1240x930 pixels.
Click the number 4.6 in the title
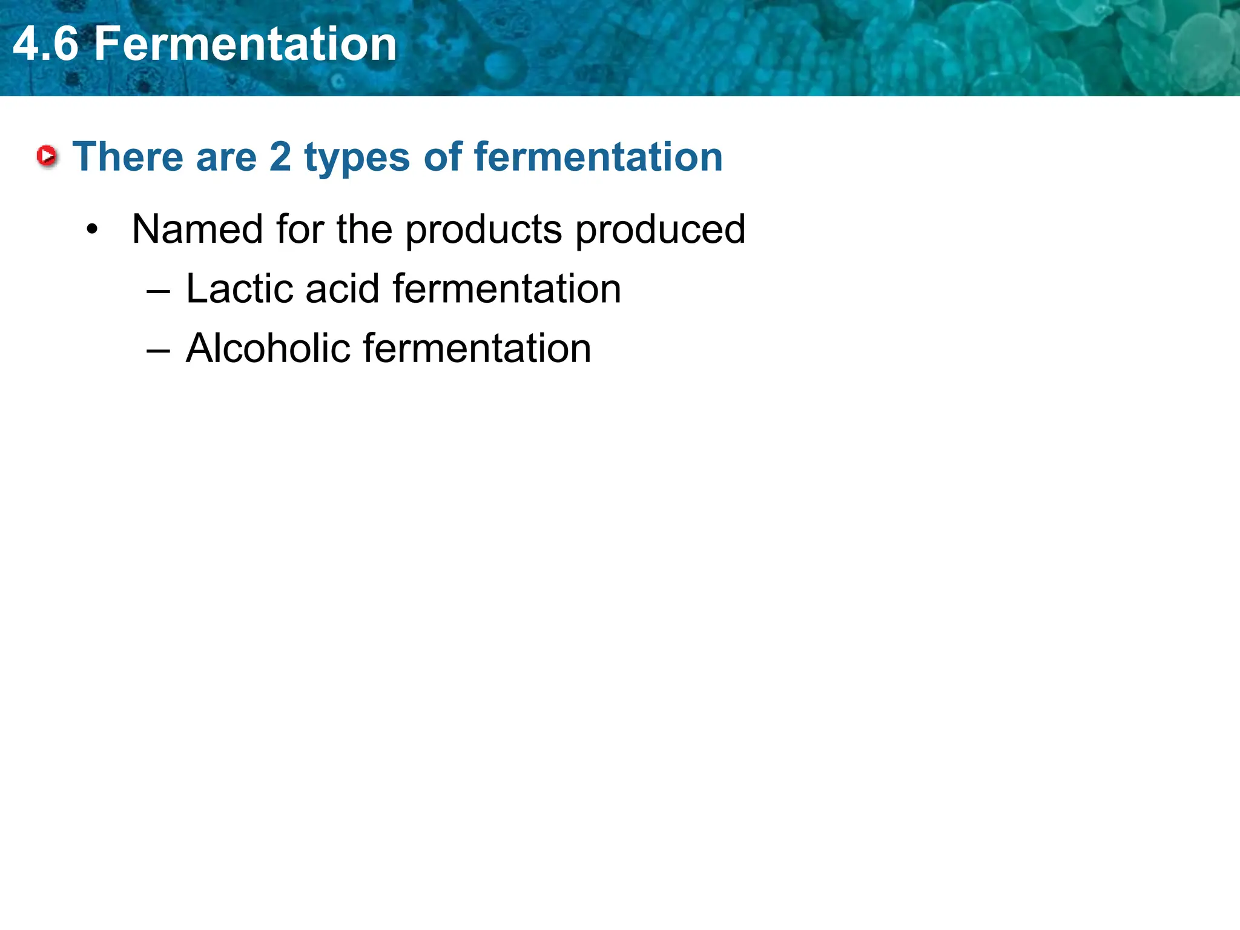45,44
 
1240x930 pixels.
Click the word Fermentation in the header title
245,44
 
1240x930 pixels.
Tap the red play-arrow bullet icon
47,156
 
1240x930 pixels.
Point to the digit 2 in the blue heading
280,157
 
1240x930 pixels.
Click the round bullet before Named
91,229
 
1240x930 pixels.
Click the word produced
660,231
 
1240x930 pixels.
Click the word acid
342,289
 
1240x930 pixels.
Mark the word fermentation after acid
507,289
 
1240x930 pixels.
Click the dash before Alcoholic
158,351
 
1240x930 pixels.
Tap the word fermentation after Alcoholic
477,348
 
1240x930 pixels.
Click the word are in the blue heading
226,158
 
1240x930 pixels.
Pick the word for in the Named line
299,229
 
